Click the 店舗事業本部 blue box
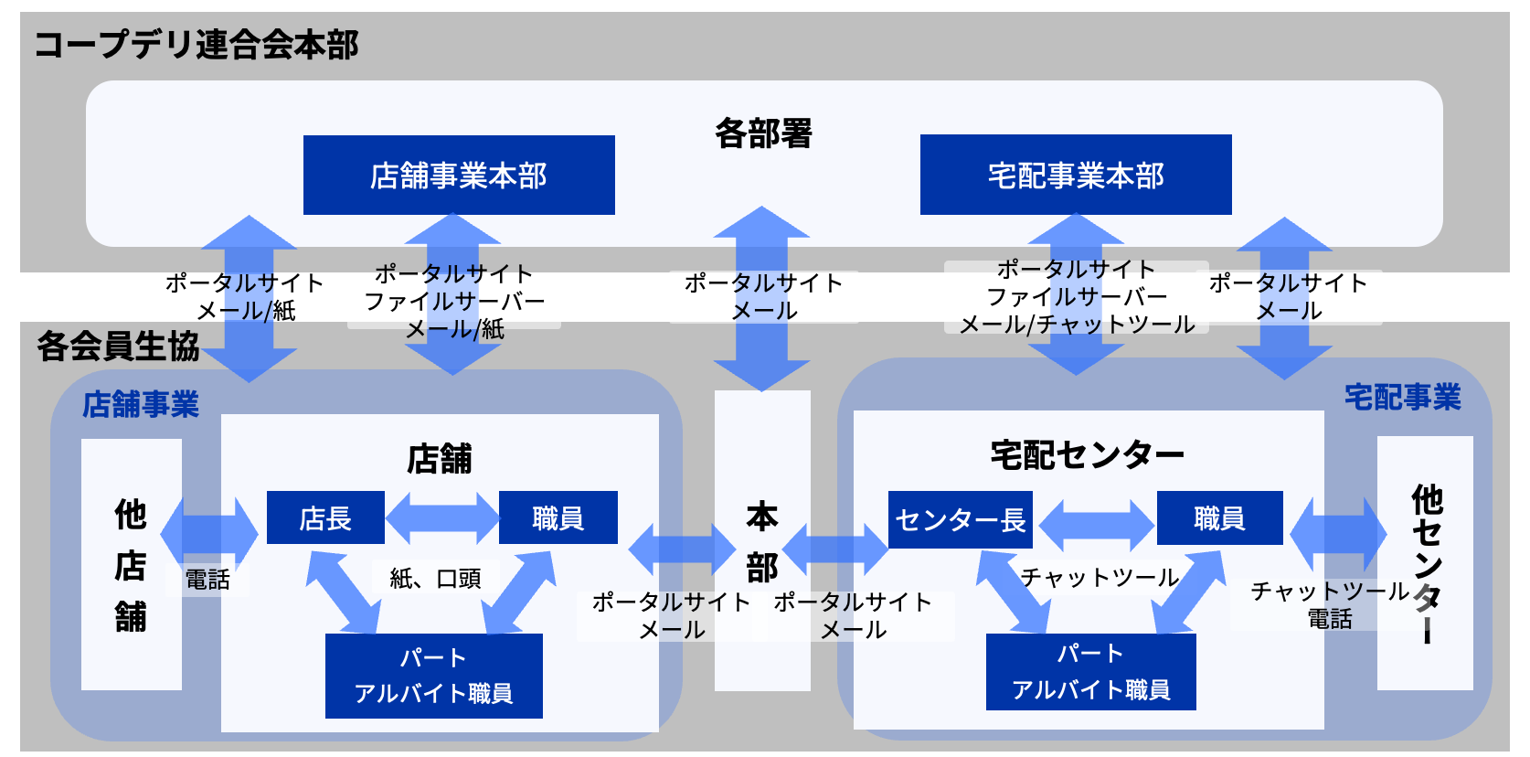pyautogui.click(x=459, y=176)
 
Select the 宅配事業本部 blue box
pyautogui.click(x=1076, y=176)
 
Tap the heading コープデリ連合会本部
pyautogui.click(x=197, y=45)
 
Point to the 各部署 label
pyautogui.click(x=763, y=133)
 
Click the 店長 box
pyautogui.click(x=325, y=518)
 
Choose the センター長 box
pyautogui.click(x=960, y=520)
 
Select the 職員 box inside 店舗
pyautogui.click(x=558, y=518)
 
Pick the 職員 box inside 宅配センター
pyautogui.click(x=1219, y=518)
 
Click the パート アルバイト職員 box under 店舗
pyautogui.click(x=433, y=676)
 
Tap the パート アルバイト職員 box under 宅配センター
pyautogui.click(x=1090, y=672)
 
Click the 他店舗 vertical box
pyautogui.click(x=131, y=564)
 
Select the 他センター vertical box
pyautogui.click(x=1425, y=562)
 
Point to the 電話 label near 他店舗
pyautogui.click(x=207, y=580)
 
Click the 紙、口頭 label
pyautogui.click(x=435, y=579)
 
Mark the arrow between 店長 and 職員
pyautogui.click(x=442, y=518)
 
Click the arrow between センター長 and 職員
pyautogui.click(x=1095, y=522)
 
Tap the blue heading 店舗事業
pyautogui.click(x=141, y=404)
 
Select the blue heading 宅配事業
pyautogui.click(x=1402, y=398)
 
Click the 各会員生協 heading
pyautogui.click(x=118, y=347)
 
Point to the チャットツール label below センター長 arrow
pyautogui.click(x=1100, y=578)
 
